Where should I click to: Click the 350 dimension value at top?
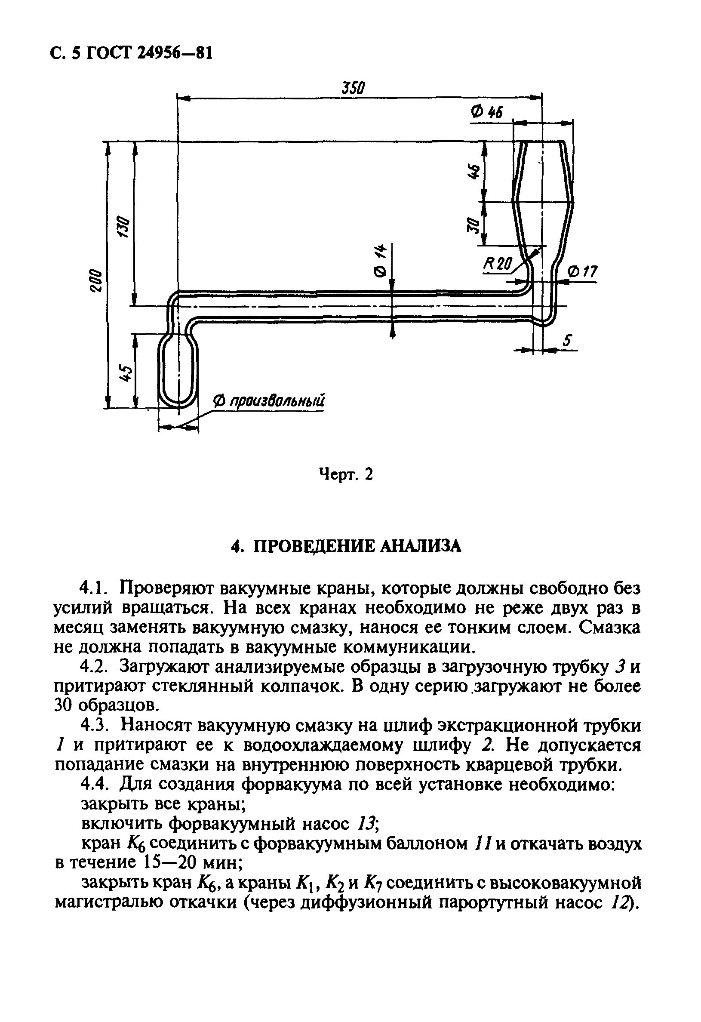coord(354,88)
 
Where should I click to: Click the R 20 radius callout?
coord(498,264)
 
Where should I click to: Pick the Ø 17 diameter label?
coord(583,272)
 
